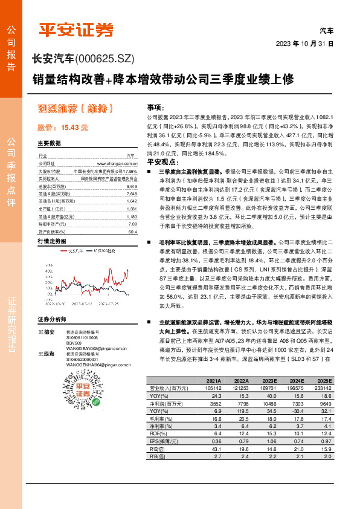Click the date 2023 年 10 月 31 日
pos(304,44)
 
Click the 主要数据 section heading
pos(50,144)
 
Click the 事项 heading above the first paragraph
pos(155,106)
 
